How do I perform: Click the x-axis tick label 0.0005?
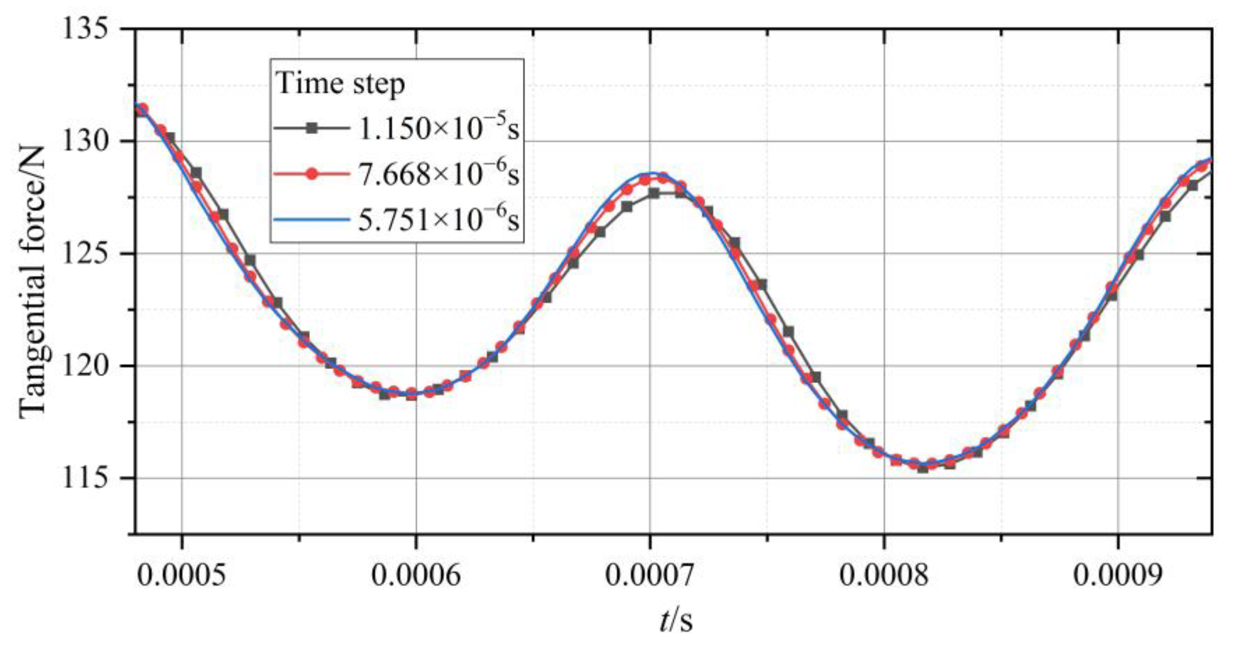pyautogui.click(x=182, y=576)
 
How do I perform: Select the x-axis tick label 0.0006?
pyautogui.click(x=416, y=576)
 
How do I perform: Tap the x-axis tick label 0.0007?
pyautogui.click(x=650, y=576)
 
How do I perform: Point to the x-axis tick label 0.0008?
pyautogui.click(x=884, y=576)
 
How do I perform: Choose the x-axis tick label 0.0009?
pyautogui.click(x=1118, y=576)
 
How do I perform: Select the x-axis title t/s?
pyautogui.click(x=676, y=622)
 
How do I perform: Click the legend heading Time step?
pyautogui.click(x=340, y=84)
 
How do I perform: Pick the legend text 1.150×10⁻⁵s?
pyautogui.click(x=439, y=128)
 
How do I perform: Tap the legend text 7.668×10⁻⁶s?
pyautogui.click(x=439, y=174)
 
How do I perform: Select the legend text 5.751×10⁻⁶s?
pyautogui.click(x=439, y=220)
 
